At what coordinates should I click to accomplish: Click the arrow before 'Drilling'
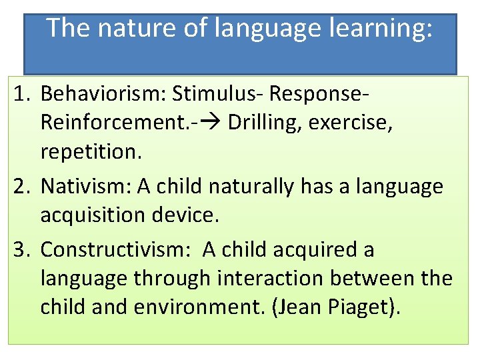pyautogui.click(x=212, y=123)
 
